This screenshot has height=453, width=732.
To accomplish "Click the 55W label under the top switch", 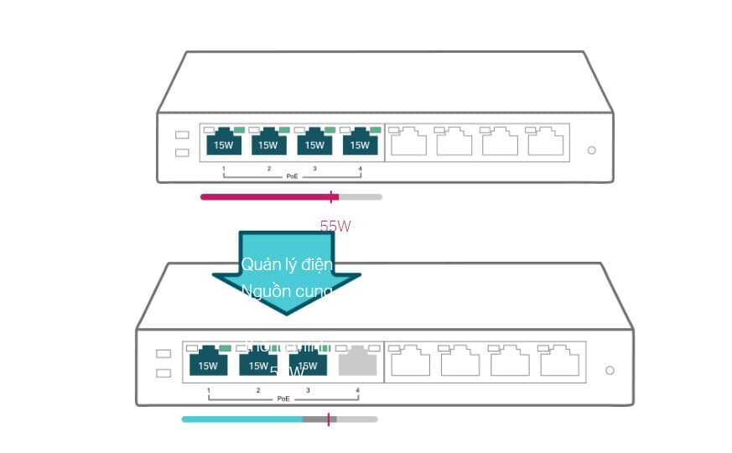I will pos(335,226).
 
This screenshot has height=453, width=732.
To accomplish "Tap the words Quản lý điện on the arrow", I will pos(287,264).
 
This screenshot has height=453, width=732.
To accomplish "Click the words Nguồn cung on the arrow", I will pos(287,291).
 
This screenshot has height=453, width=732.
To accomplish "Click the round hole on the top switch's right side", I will pos(591,150).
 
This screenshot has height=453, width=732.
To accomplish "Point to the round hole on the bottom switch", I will pos(610,370).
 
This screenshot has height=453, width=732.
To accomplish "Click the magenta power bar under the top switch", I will pos(264,197).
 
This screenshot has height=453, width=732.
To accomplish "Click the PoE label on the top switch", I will pos(292,176).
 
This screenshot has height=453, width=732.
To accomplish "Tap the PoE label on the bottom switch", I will pos(283,398).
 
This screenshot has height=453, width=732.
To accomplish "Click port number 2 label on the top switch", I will pos(269,169).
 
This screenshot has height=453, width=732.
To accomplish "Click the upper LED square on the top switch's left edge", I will pos(182,135).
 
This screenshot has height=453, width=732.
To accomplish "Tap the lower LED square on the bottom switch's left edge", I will pos(164,372).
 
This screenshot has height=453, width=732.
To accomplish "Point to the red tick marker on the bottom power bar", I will pos(328,419).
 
